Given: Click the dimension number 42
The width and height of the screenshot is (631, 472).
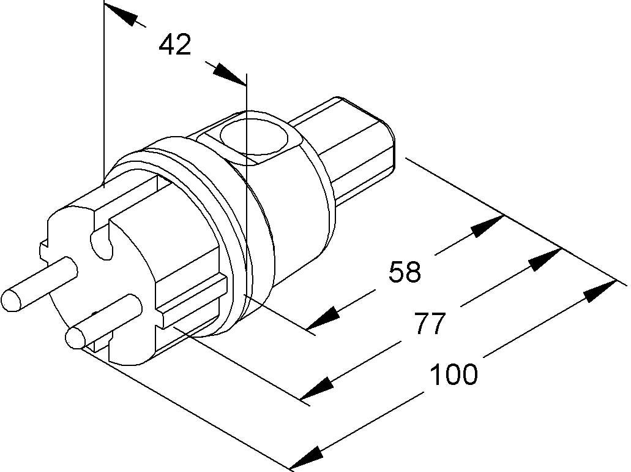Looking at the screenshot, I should [x=175, y=45].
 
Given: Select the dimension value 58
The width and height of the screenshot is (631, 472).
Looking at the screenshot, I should [x=405, y=272].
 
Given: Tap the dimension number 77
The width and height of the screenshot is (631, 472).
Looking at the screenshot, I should [x=428, y=324].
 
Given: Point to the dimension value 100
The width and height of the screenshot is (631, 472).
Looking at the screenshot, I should [x=454, y=374].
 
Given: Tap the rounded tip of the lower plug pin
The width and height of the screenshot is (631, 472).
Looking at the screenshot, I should [x=75, y=338].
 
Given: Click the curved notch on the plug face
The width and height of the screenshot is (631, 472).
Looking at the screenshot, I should [x=101, y=242].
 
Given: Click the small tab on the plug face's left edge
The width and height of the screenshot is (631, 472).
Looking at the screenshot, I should [x=43, y=248].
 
